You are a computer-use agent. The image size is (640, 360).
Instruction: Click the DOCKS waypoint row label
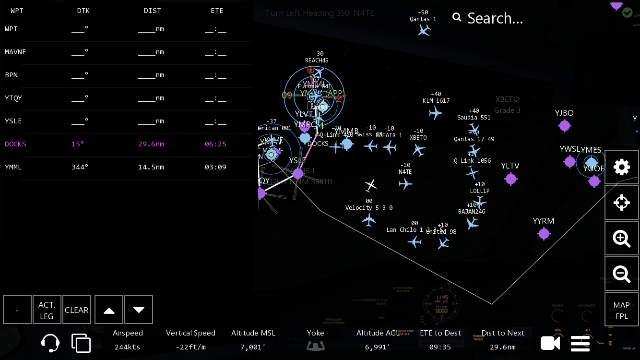[15, 144]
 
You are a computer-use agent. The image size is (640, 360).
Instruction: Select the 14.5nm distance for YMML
[151, 167]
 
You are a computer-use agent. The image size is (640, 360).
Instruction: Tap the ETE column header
[217, 11]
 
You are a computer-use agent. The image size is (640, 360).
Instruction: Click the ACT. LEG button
[47, 310]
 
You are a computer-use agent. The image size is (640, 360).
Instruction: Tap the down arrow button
[139, 310]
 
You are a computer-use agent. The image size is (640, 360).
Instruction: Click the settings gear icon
[622, 167]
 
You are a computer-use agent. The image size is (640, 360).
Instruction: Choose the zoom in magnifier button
[622, 238]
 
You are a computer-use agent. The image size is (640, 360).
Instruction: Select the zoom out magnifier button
[622, 274]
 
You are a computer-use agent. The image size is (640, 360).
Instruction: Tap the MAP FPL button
[622, 310]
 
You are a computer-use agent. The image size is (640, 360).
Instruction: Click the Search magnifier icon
[457, 18]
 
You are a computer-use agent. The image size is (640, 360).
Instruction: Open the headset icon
[50, 343]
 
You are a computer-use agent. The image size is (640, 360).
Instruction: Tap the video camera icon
[550, 343]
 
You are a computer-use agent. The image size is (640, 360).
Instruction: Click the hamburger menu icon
[580, 343]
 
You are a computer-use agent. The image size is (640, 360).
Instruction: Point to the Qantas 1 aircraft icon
[424, 30]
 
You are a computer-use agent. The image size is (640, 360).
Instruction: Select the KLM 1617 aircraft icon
[435, 113]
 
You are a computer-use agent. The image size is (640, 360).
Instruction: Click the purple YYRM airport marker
[544, 234]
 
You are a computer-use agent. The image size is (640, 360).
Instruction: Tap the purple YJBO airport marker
[564, 126]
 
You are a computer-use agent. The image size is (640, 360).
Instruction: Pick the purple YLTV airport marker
[510, 179]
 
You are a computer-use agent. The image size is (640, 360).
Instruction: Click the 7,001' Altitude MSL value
[253, 347]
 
